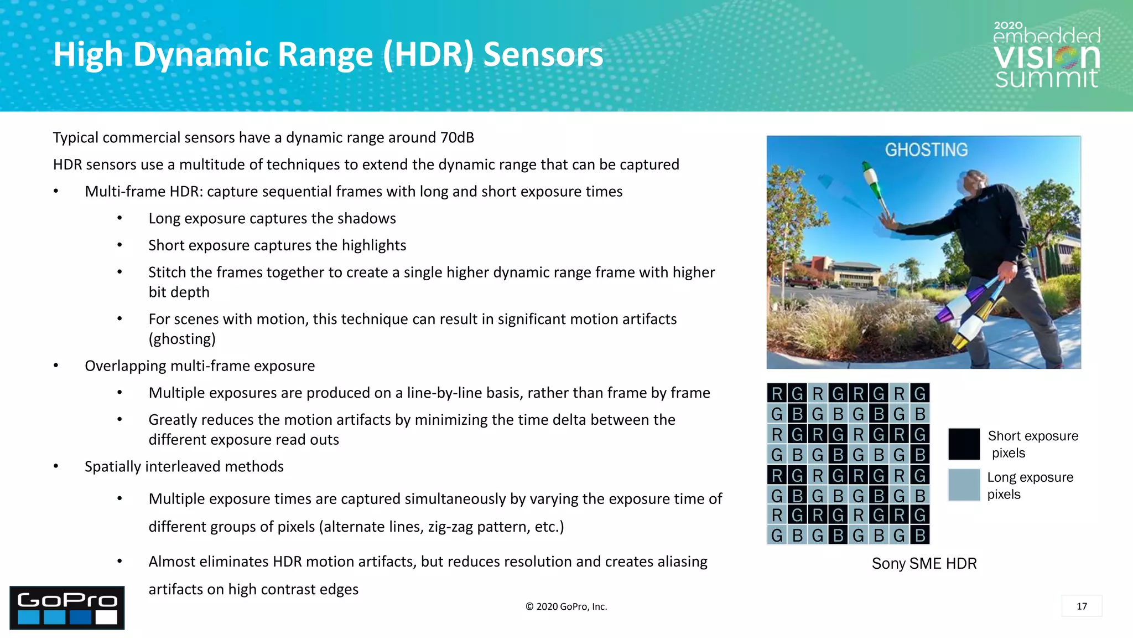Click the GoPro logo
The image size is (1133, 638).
(67, 608)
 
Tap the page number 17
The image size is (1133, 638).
(1082, 606)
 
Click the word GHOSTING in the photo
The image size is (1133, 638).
(926, 150)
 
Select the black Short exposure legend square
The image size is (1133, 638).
(964, 444)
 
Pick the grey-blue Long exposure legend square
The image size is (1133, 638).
(964, 485)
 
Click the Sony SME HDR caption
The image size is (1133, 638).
(924, 563)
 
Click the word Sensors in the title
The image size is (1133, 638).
(543, 55)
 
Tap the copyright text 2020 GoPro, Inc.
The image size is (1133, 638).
(566, 606)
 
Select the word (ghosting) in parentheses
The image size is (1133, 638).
(182, 338)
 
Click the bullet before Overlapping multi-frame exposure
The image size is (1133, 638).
(56, 366)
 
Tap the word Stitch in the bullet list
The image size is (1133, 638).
(167, 272)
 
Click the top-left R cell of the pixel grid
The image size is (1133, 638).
(777, 393)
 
